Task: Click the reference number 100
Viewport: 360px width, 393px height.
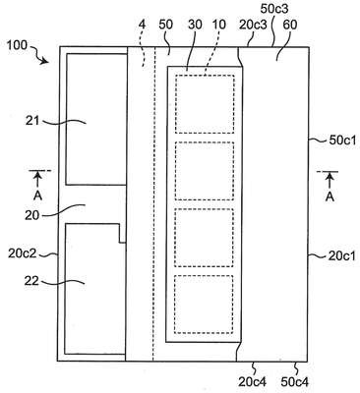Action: point(17,45)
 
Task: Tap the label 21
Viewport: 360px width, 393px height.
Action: point(32,121)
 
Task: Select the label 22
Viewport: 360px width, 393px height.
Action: point(31,281)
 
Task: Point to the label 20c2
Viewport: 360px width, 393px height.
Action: point(22,253)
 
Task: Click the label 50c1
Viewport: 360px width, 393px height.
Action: point(342,140)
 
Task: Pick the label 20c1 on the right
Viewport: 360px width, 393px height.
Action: point(341,256)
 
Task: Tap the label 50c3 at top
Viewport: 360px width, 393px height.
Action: point(274,9)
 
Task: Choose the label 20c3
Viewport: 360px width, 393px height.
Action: point(253,25)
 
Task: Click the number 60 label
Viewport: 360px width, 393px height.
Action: point(289,25)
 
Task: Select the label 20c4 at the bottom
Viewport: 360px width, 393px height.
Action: point(253,381)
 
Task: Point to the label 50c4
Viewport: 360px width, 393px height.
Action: point(295,381)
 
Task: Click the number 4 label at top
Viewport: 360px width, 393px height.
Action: point(142,25)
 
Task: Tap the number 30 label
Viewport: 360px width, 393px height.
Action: point(196,25)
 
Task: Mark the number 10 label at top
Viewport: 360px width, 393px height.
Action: point(219,25)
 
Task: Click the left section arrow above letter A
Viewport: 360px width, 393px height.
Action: point(38,180)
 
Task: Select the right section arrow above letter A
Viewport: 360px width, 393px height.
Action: point(330,180)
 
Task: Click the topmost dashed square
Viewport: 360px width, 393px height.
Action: point(205,104)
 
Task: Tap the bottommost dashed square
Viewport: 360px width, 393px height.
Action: point(204,305)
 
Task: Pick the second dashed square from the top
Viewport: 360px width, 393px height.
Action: point(205,171)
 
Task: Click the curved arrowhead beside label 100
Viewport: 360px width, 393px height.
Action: point(44,61)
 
